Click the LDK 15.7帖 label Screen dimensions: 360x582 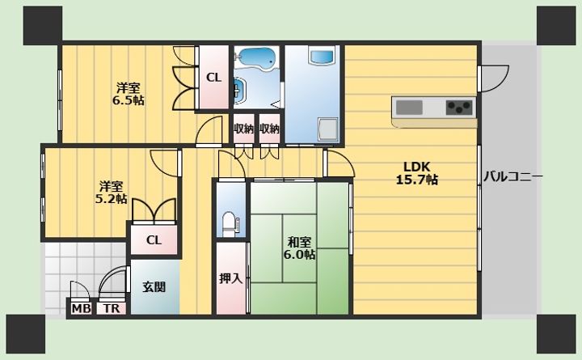(416, 174)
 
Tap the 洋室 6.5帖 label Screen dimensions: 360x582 (129, 94)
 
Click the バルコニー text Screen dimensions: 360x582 (512, 176)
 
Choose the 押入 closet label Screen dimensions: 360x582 (230, 278)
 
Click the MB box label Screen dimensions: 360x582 (80, 309)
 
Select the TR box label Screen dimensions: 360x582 (109, 309)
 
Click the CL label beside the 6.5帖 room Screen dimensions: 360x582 (213, 78)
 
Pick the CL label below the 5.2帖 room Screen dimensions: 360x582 (154, 239)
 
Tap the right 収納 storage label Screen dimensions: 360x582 (270, 129)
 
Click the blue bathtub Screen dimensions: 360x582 (256, 58)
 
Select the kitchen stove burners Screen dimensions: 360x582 (459, 106)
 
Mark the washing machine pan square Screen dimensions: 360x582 (328, 129)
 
